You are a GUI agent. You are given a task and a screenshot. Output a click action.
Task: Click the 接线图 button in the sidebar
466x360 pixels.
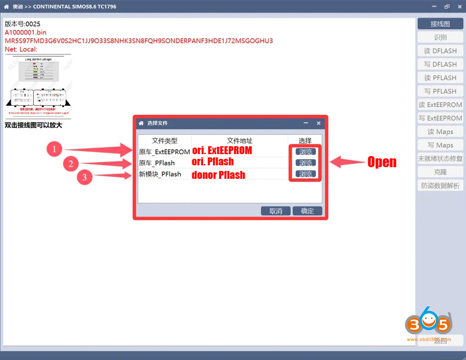(440, 24)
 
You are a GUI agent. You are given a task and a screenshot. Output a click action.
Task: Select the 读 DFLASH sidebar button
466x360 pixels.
(440, 51)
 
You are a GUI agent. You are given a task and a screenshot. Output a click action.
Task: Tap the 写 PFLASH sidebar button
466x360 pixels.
(440, 91)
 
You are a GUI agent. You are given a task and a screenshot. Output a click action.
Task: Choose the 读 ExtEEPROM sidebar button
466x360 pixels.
(440, 105)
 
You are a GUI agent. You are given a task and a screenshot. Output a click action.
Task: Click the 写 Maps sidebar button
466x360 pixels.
(440, 145)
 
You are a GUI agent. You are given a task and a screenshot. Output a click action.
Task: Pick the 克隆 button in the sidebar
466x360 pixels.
(440, 172)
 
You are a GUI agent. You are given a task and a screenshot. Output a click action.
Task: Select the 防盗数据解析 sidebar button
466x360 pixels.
(440, 186)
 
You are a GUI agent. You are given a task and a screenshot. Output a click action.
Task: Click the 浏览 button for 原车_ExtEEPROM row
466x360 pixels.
(306, 151)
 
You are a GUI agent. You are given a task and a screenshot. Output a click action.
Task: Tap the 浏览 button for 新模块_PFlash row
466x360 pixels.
(306, 174)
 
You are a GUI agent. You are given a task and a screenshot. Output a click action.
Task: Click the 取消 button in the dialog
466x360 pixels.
(275, 211)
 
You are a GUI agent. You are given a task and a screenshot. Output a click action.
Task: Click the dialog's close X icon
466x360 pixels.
(319, 123)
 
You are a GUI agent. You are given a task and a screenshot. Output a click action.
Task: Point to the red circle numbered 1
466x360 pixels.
(55, 149)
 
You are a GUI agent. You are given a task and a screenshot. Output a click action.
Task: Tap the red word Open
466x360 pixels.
(382, 162)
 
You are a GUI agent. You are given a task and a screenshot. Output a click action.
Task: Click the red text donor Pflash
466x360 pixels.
(218, 175)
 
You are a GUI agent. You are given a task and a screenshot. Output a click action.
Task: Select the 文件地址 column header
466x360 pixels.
(240, 141)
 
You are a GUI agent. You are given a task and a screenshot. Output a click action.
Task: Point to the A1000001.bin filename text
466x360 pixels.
(26, 32)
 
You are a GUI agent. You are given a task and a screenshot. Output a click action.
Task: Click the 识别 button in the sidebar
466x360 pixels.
(440, 37)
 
